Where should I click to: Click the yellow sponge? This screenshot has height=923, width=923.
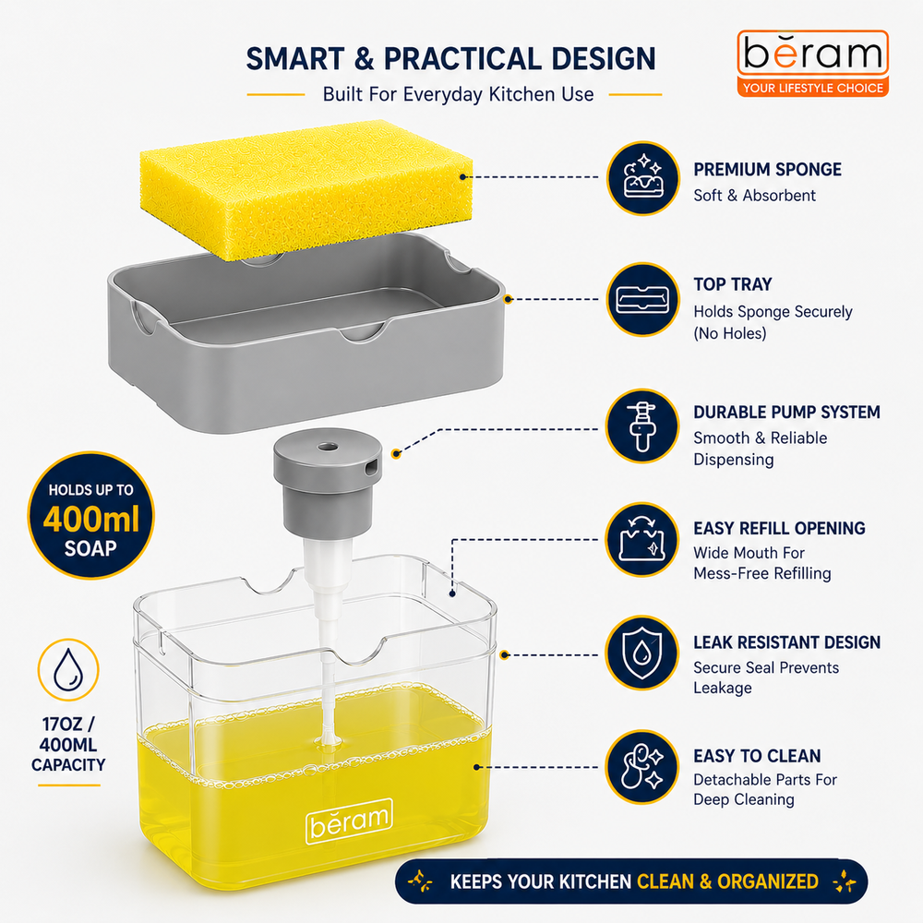[x=306, y=188]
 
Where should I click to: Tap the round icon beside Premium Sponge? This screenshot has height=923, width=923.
[x=642, y=178]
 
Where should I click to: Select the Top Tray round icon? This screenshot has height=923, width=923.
[x=642, y=299]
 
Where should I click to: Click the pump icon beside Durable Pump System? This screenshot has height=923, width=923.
[x=642, y=426]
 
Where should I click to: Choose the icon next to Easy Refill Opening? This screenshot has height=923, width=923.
[x=642, y=539]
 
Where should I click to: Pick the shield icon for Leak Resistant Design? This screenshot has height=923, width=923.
[x=642, y=653]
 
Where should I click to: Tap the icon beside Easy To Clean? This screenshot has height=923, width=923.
[x=642, y=766]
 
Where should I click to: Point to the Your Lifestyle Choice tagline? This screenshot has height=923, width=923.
[x=812, y=89]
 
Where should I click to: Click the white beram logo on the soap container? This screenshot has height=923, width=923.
[x=349, y=821]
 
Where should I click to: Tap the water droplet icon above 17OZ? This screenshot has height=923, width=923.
[x=68, y=669]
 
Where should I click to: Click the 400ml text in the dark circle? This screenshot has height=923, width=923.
[x=91, y=519]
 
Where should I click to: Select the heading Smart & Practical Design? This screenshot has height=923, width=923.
[x=451, y=59]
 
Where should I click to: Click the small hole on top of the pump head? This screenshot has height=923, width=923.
[x=328, y=448]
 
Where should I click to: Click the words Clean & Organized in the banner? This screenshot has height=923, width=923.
[x=727, y=881]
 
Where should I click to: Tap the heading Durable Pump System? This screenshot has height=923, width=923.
[x=786, y=412]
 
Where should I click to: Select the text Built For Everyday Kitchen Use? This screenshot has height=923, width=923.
[x=458, y=94]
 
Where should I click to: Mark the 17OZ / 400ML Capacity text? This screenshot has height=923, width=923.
[x=68, y=744]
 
